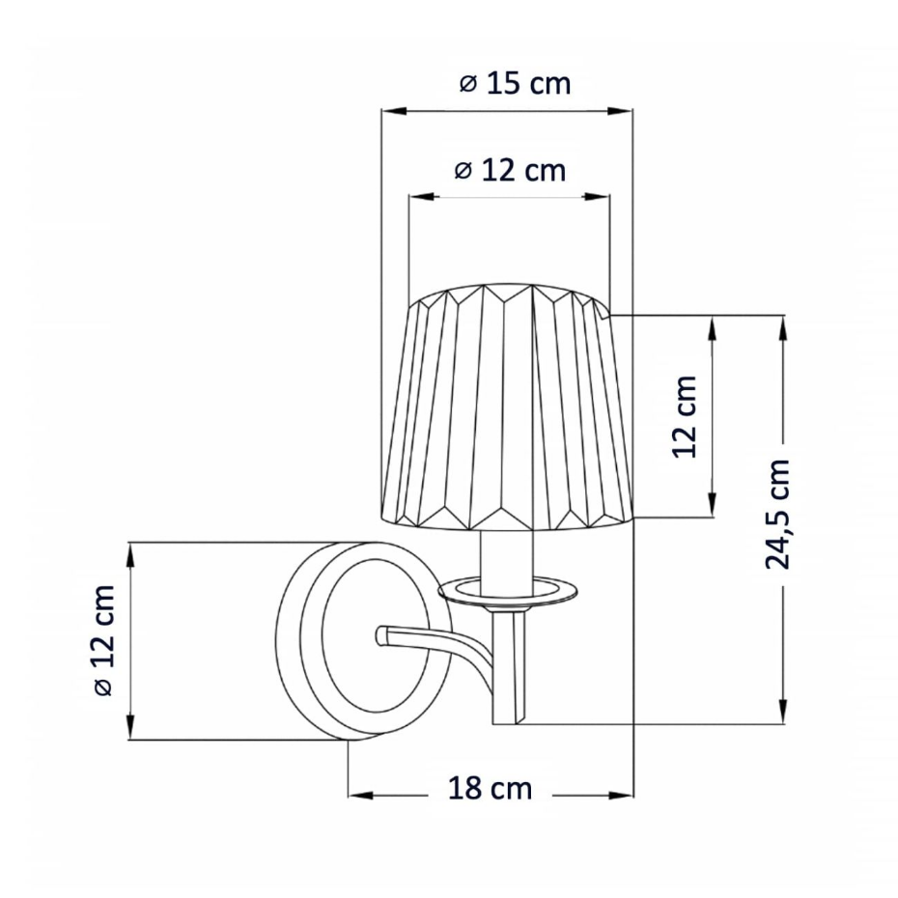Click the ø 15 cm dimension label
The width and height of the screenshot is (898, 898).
tap(515, 84)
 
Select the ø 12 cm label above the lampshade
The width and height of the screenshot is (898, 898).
tap(510, 170)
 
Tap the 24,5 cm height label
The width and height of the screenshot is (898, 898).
tap(777, 514)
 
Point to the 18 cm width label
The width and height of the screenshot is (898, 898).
tap(490, 788)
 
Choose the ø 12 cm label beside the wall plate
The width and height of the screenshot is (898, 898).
tap(104, 640)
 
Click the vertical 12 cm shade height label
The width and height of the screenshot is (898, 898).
tap(685, 416)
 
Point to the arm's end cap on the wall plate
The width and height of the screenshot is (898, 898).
tap(382, 634)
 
